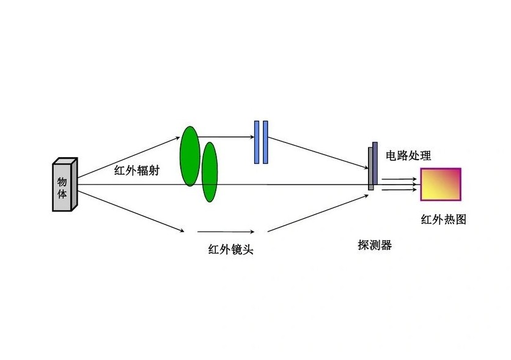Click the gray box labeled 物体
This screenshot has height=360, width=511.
point(64,186)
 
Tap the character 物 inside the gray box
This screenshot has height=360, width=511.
point(62,182)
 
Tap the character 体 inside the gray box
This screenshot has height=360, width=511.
point(62,195)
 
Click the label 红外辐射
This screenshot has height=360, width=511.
point(137,171)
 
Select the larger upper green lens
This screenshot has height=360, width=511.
point(189,156)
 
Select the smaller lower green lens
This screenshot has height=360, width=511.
point(210,172)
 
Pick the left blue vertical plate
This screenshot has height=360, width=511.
point(257,142)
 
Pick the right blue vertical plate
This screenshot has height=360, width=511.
point(265,142)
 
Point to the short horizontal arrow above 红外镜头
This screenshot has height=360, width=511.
point(226,232)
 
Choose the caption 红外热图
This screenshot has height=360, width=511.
point(443,219)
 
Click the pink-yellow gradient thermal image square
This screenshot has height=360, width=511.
point(440,184)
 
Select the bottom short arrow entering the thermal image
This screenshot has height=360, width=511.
point(400,189)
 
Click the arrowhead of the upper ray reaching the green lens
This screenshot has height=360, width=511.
point(178,138)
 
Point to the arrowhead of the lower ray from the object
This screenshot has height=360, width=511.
point(182,230)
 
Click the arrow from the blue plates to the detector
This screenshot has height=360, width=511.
point(318,153)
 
